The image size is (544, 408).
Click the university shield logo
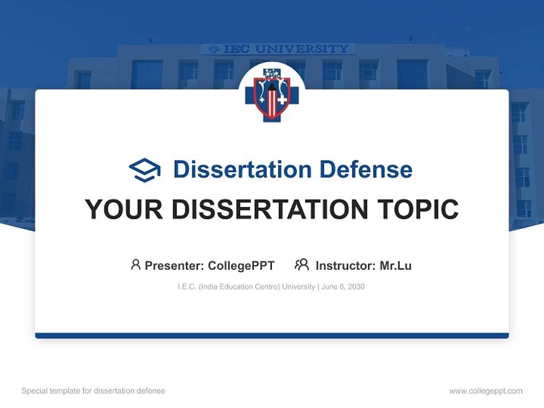pyautogui.click(x=272, y=93)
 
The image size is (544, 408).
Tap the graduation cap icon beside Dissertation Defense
pyautogui.click(x=144, y=169)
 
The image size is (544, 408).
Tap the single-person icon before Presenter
pyautogui.click(x=135, y=265)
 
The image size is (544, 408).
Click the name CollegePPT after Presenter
pyautogui.click(x=241, y=266)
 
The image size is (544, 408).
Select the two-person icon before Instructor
pyautogui.click(x=301, y=265)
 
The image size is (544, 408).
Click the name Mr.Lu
pyautogui.click(x=396, y=266)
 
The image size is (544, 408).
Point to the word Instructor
pyautogui.click(x=345, y=266)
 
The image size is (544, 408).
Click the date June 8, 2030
pyautogui.click(x=343, y=287)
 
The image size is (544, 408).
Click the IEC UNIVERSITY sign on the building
pyautogui.click(x=279, y=49)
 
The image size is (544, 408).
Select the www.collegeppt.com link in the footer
pyautogui.click(x=486, y=391)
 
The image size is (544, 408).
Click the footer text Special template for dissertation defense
pyautogui.click(x=93, y=391)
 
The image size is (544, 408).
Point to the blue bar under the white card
pyautogui.click(x=272, y=335)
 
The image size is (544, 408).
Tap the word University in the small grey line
pyautogui.click(x=298, y=287)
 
